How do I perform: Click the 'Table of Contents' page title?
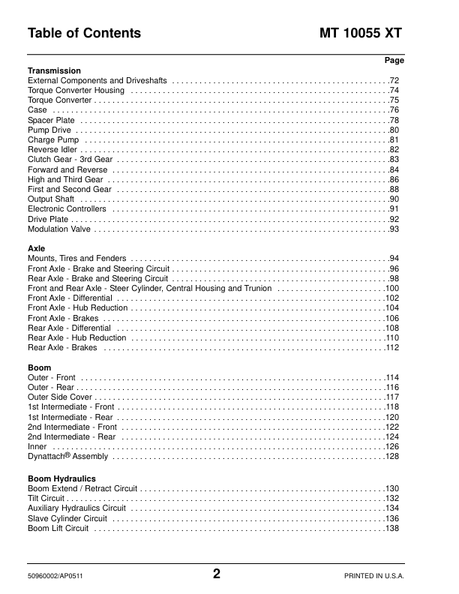(84, 34)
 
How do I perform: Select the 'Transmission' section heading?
(54, 71)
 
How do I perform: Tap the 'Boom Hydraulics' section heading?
(61, 478)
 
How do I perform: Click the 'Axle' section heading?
(36, 248)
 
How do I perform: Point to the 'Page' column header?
(394, 60)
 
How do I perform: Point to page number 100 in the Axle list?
(391, 288)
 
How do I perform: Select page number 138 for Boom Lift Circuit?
(391, 529)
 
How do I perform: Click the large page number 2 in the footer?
(217, 575)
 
